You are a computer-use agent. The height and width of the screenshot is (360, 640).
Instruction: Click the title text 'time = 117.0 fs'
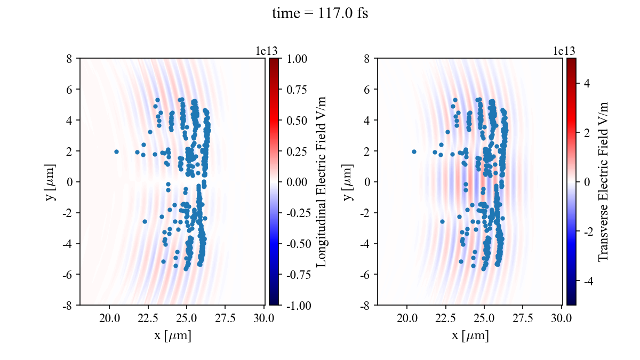(x=320, y=14)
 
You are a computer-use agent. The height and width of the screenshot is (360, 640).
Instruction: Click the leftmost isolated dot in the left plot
(x=116, y=151)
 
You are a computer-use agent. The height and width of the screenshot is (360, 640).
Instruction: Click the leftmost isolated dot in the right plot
(x=414, y=151)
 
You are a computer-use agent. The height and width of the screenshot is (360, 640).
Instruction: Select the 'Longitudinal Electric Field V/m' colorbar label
(x=322, y=181)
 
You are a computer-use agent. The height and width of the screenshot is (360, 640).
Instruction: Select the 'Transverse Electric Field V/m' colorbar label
(x=603, y=181)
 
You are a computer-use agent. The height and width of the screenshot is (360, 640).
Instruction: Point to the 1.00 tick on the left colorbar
(x=296, y=59)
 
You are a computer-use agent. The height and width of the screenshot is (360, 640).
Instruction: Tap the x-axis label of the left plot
(x=172, y=336)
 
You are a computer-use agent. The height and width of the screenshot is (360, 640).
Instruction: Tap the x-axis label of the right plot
(x=470, y=336)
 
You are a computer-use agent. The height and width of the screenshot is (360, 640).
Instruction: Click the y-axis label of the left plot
(x=51, y=181)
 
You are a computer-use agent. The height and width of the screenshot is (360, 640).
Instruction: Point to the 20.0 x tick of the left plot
(x=109, y=318)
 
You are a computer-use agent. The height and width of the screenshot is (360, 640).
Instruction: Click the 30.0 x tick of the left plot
(x=264, y=318)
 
